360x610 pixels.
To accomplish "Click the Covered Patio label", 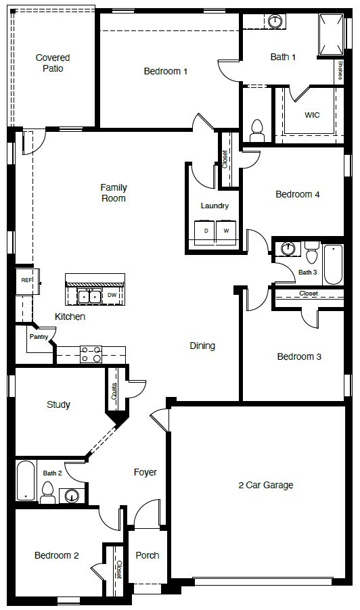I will click(53, 63).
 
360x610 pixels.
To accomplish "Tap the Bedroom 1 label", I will click(166, 71).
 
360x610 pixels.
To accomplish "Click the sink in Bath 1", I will click(275, 22).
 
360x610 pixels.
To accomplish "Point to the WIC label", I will click(312, 115).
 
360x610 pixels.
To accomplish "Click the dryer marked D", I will click(206, 231).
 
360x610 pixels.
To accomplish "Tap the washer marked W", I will click(226, 231).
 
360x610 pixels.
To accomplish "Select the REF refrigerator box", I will click(26, 280).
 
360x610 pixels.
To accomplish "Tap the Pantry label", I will click(38, 336).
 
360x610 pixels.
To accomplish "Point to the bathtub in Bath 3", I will click(334, 265).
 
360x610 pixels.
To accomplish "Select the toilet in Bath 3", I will click(312, 255).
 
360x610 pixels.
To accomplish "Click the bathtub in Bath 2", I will click(26, 481).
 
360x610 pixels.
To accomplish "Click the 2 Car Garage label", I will click(266, 485).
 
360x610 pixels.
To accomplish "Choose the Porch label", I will click(148, 555).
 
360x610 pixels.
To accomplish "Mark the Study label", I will click(58, 405).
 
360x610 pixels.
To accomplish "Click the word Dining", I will click(202, 346).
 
